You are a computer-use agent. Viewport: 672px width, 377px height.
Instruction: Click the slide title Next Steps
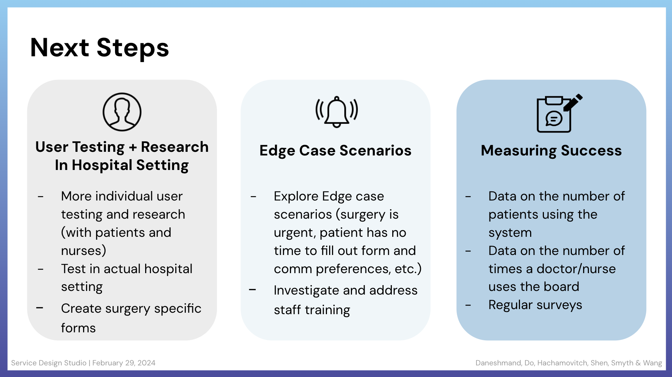pos(100,48)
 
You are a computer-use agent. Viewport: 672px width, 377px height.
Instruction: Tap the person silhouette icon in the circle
pos(122,112)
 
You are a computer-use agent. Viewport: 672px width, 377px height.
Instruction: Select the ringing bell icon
pos(337,112)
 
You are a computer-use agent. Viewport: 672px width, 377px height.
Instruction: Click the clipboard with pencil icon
pos(559,113)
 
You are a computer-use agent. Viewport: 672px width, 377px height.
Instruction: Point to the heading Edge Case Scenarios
pos(335,150)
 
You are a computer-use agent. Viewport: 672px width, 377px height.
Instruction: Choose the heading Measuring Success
pos(551,150)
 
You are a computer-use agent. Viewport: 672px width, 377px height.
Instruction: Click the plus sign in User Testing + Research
pos(133,147)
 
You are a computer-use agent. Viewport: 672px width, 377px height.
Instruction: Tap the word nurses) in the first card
pos(83,251)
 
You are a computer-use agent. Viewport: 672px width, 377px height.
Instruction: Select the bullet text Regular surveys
pos(535,305)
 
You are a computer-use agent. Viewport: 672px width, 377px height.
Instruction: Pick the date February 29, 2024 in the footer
pos(124,363)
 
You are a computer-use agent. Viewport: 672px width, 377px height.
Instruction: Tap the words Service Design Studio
pos(49,363)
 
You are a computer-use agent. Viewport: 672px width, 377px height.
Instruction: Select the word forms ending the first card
pos(78,328)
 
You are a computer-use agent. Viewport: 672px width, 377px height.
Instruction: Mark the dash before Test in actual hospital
pos(41,269)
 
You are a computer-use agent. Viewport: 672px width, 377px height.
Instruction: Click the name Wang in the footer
pos(652,363)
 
